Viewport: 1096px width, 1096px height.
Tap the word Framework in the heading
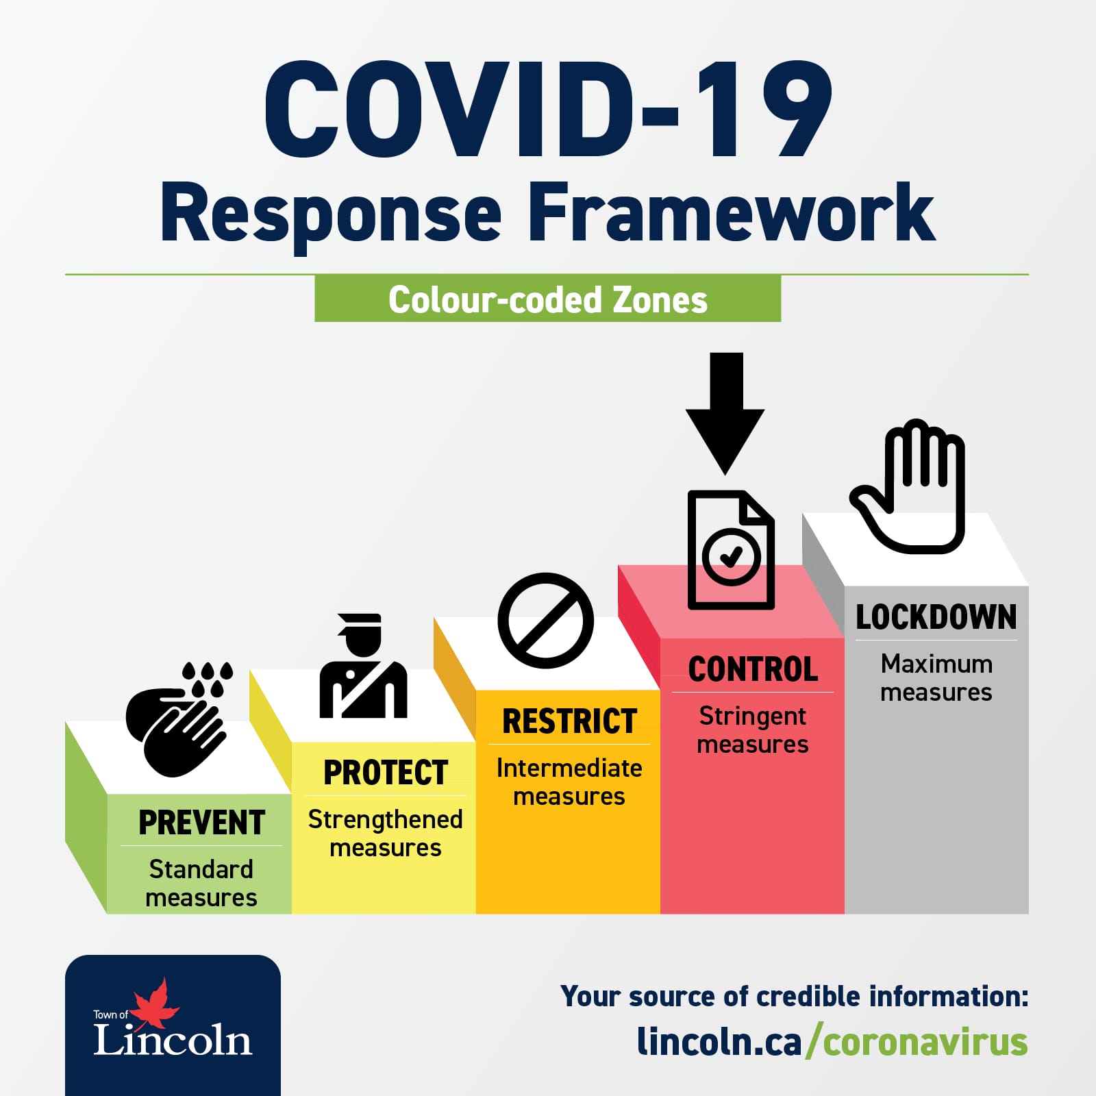click(731, 213)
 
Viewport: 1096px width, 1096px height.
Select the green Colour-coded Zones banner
click(548, 299)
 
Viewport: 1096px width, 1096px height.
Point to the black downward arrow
click(725, 413)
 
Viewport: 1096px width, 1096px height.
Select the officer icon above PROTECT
click(364, 666)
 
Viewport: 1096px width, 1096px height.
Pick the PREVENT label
click(201, 823)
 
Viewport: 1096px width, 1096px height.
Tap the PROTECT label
click(386, 773)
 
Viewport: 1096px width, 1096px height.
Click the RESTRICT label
click(570, 721)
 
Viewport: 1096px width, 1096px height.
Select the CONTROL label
click(753, 669)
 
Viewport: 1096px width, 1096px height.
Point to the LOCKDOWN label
click(936, 617)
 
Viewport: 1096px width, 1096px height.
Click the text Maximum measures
click(936, 677)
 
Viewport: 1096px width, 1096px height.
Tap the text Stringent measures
click(753, 730)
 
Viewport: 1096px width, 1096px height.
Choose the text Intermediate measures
click(569, 782)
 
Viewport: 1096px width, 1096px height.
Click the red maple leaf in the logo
click(155, 1004)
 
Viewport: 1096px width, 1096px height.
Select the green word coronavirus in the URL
click(925, 1042)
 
